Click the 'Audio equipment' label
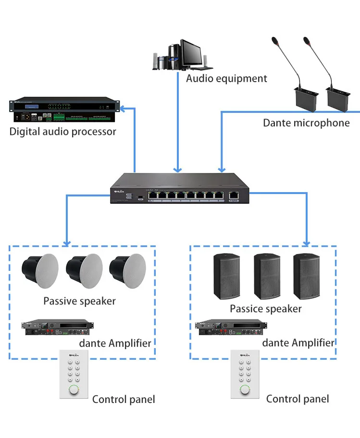(226, 78)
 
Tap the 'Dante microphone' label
(306, 123)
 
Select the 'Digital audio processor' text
(63, 132)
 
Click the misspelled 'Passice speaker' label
(265, 308)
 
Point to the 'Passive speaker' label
(79, 301)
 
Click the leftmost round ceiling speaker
(40, 270)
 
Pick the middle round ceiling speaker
(84, 270)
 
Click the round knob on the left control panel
(74, 390)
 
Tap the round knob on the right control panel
(245, 390)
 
